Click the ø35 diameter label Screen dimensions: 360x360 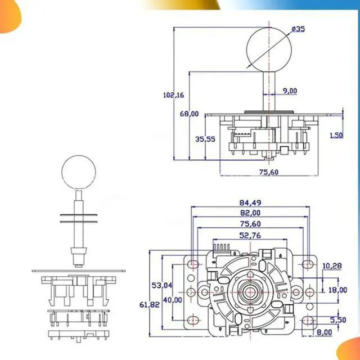[298, 29]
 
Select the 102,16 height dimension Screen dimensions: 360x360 [173, 95]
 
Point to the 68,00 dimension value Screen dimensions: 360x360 [189, 114]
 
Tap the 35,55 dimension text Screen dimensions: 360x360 [205, 139]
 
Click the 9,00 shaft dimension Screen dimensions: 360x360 [290, 91]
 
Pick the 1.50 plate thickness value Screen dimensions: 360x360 [336, 135]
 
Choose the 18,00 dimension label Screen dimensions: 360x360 [337, 290]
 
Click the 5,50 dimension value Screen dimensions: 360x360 [337, 319]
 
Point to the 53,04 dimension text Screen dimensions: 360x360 [161, 286]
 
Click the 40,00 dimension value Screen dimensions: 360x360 [173, 300]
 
